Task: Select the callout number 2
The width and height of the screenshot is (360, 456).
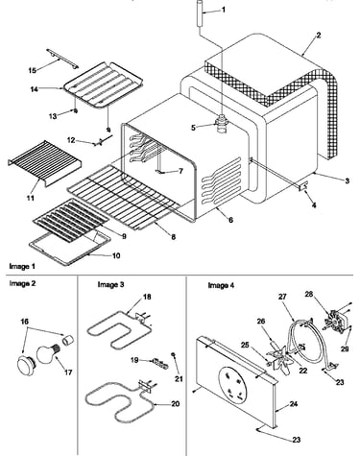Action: [x=318, y=36]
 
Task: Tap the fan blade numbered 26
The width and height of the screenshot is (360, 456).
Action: [x=279, y=359]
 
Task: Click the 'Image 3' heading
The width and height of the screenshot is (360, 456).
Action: [x=110, y=284]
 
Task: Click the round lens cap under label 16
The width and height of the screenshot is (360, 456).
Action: [x=27, y=366]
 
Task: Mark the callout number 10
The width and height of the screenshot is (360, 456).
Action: [x=116, y=255]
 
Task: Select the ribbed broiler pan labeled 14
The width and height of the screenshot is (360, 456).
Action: [x=94, y=84]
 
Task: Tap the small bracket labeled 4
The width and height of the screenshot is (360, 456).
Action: [x=302, y=186]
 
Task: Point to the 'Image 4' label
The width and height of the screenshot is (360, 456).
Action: [x=221, y=285]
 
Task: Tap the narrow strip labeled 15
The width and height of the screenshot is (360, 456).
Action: [x=62, y=58]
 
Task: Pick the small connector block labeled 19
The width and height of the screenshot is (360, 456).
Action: [x=159, y=363]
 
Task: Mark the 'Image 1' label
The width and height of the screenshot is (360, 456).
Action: [x=22, y=266]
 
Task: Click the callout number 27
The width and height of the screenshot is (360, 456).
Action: [x=282, y=297]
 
